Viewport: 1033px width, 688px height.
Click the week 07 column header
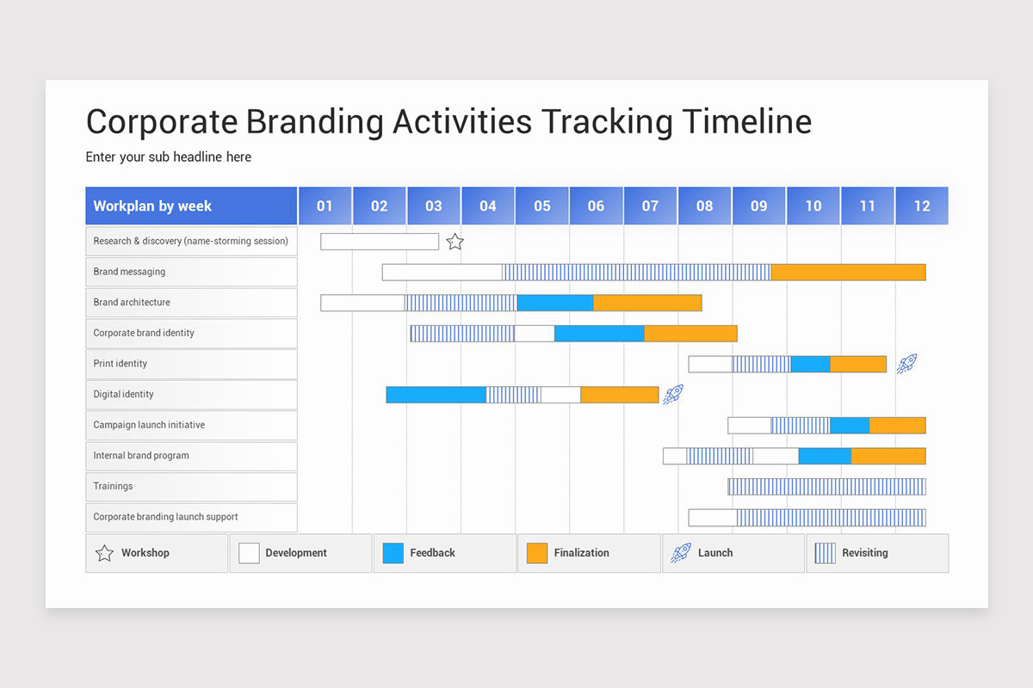(650, 206)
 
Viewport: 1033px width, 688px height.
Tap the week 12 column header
(922, 206)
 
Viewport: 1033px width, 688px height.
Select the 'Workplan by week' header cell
(191, 206)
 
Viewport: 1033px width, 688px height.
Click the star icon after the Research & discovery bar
(455, 242)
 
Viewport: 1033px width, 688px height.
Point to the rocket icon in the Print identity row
(906, 364)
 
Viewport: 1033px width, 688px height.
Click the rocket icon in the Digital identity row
(673, 395)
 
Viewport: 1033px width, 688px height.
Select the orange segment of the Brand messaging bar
(848, 273)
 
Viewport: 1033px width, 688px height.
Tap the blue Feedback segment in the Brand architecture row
(555, 303)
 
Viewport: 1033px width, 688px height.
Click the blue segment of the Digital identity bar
(436, 395)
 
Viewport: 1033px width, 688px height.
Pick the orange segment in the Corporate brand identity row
(690, 334)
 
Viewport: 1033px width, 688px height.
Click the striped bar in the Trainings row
(826, 487)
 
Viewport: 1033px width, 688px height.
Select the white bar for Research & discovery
(380, 242)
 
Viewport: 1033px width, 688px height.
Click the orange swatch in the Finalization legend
(537, 553)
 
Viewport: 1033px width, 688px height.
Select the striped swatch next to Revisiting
(825, 553)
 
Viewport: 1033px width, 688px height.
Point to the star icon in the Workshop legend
(105, 553)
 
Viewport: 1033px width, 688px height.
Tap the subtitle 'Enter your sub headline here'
(169, 157)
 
